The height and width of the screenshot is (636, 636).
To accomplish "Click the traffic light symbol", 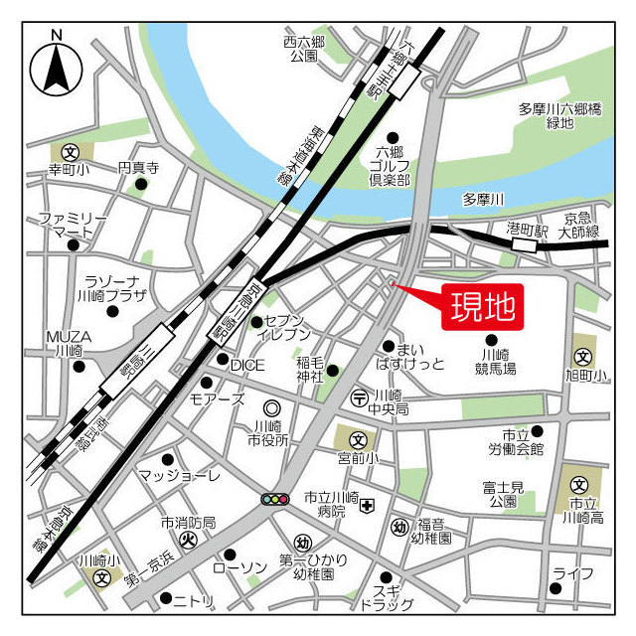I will (275, 498).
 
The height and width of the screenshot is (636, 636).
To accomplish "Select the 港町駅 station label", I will (528, 229).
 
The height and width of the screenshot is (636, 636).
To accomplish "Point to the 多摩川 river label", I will (484, 200).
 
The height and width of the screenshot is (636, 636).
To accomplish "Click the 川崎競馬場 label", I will (497, 362).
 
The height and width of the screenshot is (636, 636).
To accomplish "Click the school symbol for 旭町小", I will (582, 356).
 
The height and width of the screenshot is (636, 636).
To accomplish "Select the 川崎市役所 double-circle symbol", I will (270, 407).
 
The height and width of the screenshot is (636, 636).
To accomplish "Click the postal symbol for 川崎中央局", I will (359, 397).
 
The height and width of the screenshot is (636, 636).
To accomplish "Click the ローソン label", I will (240, 566).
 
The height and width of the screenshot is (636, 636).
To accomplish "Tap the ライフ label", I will (573, 573).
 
